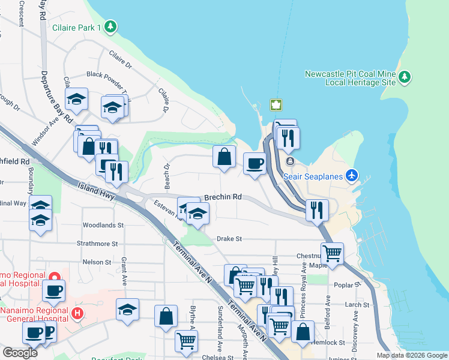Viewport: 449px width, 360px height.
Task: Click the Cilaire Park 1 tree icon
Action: pos(110,26)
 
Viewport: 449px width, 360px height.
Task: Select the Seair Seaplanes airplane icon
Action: pos(352,176)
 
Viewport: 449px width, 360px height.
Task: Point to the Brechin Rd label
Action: pos(223,197)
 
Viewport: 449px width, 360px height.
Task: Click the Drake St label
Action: pos(229,239)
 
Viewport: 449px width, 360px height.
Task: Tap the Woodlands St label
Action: pos(103,226)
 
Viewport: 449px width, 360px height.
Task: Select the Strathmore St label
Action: pos(97,244)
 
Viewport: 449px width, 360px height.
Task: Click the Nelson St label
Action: pos(97,262)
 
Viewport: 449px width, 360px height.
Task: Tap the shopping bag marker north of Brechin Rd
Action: pos(224,157)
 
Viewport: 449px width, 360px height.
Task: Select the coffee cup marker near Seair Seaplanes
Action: pos(255,163)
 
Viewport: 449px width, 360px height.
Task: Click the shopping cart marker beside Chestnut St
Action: pos(332,253)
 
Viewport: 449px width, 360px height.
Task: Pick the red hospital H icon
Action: pos(77,313)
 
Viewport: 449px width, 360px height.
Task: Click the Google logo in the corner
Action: pos(20,353)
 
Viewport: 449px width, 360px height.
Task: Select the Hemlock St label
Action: pos(329,343)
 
